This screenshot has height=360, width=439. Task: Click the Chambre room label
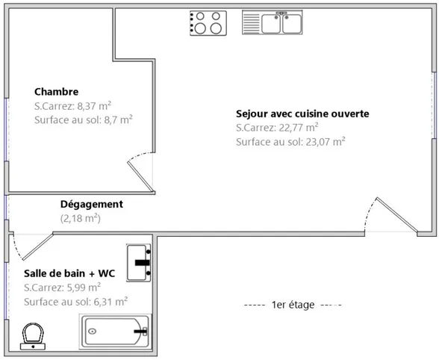coord(56,92)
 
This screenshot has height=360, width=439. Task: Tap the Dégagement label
coord(92,204)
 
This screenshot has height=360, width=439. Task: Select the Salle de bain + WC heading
coord(69,273)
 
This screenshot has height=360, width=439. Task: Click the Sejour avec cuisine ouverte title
coord(302,114)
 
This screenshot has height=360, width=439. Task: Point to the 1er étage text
coord(293,305)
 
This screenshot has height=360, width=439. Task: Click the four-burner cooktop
coord(208,23)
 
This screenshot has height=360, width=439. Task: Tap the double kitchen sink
coord(272,22)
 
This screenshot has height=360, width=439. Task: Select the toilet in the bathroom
coord(33,336)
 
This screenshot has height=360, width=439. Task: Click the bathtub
coord(115,332)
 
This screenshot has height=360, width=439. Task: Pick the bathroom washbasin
coord(139,263)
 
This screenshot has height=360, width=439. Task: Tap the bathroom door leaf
coord(38,246)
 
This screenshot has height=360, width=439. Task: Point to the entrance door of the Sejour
coord(396,215)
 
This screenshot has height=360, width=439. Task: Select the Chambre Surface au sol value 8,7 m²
coord(118,120)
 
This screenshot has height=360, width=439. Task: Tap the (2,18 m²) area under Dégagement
coord(81,218)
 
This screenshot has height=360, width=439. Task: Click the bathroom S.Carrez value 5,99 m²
coord(84,288)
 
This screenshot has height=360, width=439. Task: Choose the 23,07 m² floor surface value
coord(326,142)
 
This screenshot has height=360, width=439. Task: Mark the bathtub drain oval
coord(93,332)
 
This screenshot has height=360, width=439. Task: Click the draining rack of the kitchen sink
coord(252,22)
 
